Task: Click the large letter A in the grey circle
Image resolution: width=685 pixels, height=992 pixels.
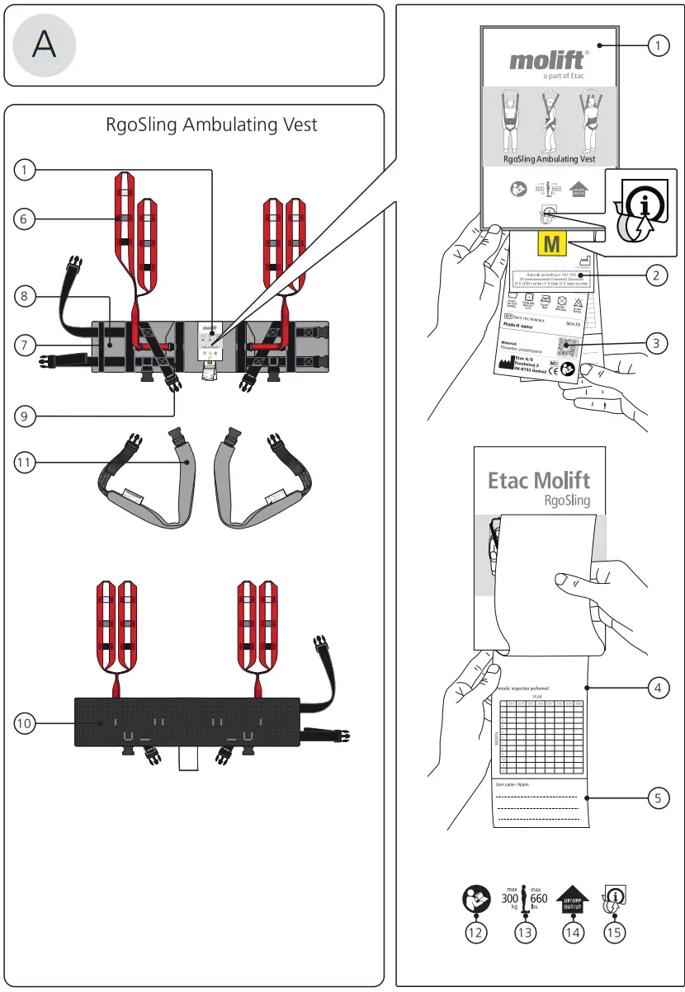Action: pos(45,45)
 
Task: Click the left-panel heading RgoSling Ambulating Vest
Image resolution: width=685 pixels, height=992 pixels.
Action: pos(211,125)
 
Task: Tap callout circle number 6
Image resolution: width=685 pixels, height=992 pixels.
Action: pos(26,219)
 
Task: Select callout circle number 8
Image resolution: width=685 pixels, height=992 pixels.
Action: pos(26,297)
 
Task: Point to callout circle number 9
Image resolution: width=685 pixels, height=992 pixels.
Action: pos(26,416)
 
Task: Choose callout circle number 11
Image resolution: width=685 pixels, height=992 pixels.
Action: pos(26,463)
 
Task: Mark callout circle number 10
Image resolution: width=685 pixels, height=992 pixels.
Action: pos(26,723)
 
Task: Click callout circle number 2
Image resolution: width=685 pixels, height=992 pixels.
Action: pos(656,275)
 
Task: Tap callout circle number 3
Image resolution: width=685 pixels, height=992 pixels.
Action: pos(656,344)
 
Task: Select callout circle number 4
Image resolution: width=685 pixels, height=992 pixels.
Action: pos(656,687)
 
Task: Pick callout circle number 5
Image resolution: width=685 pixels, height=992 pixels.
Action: pos(656,797)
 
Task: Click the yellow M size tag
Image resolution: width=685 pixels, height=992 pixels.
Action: pos(552,244)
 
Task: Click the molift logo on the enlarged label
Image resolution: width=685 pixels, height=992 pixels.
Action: pos(549,60)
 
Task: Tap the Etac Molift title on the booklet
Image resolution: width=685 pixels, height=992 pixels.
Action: pos(539,480)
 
